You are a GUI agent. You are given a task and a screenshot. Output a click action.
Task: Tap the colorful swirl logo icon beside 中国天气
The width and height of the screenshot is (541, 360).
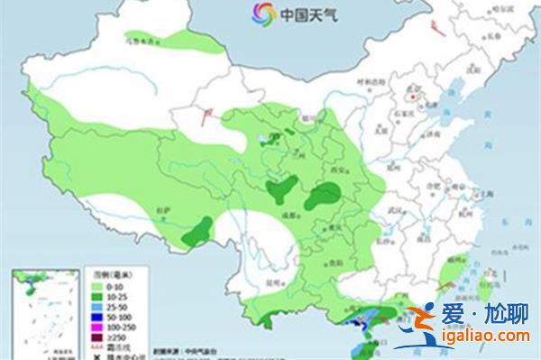pyautogui.click(x=262, y=14)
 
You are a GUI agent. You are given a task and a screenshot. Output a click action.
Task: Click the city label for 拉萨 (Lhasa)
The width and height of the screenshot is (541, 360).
pyautogui.click(x=163, y=208)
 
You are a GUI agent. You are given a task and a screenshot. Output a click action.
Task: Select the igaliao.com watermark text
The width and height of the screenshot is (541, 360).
pyautogui.click(x=486, y=339)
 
